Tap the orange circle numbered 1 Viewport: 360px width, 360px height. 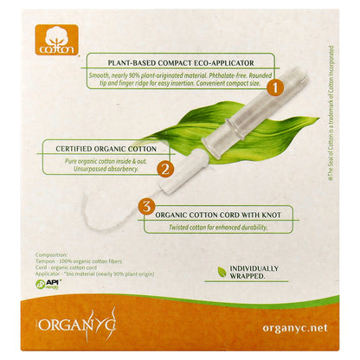point(273,87)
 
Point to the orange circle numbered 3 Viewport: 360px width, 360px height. point(147,207)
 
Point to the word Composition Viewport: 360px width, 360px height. point(53,255)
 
